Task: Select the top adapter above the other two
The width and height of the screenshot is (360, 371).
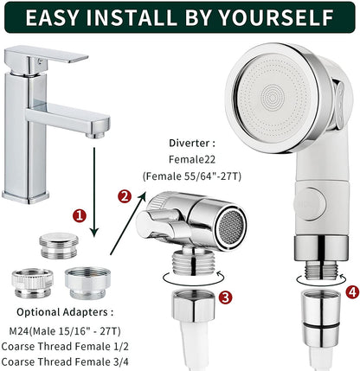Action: (x=57, y=244)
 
